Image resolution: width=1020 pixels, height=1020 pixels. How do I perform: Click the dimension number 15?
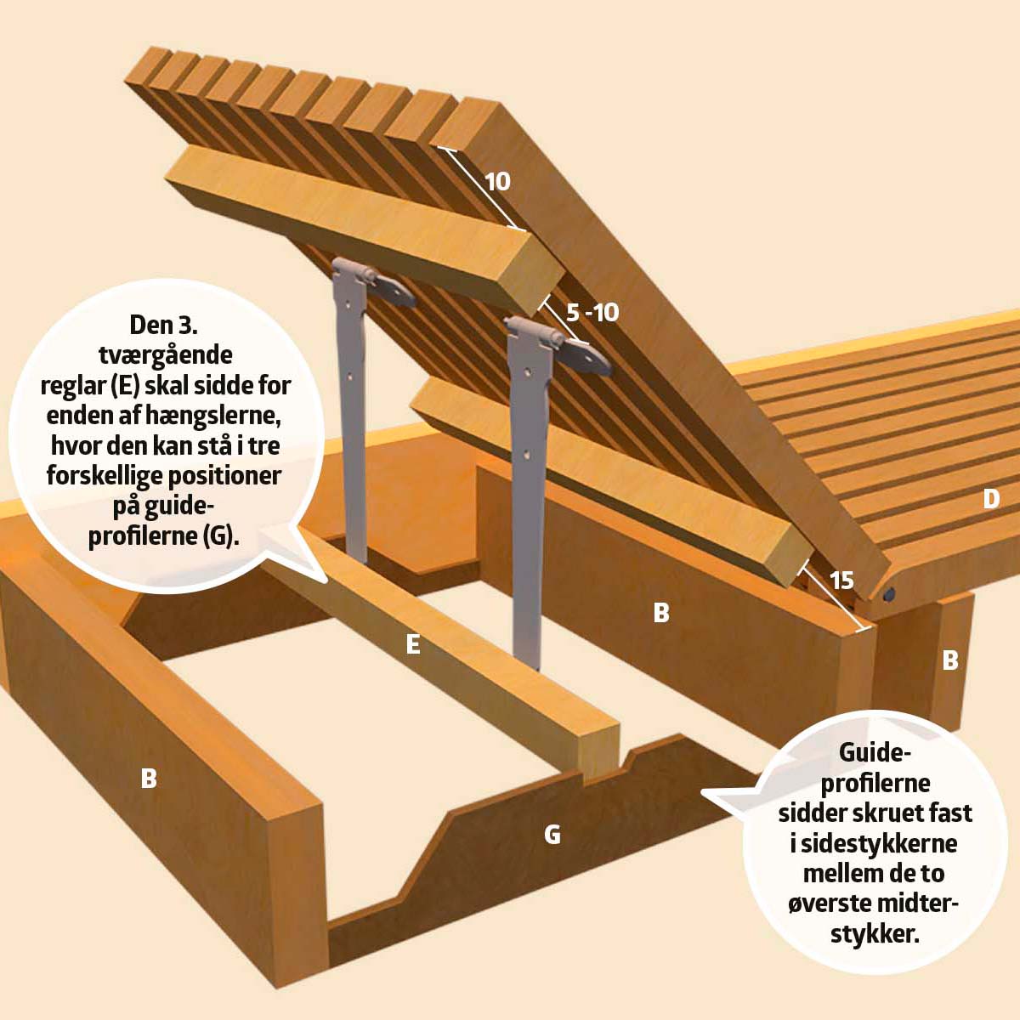(842, 581)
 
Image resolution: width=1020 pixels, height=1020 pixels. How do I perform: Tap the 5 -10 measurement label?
(592, 313)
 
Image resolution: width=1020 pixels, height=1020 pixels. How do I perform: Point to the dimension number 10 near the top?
(497, 182)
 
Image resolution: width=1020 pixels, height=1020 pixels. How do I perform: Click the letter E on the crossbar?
(413, 644)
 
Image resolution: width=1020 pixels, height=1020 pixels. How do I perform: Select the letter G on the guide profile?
(552, 835)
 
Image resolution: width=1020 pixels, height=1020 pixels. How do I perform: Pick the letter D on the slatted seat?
(991, 499)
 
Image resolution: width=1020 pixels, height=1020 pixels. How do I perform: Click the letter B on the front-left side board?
(149, 779)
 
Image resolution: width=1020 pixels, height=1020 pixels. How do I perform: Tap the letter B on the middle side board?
(661, 612)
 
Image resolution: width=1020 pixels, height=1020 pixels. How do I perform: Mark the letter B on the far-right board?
(950, 660)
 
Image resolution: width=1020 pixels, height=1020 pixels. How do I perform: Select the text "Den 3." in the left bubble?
(163, 325)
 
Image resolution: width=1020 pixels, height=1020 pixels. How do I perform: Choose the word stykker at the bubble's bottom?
(874, 934)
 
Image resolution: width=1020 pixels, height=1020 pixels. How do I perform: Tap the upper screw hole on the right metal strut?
(527, 372)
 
